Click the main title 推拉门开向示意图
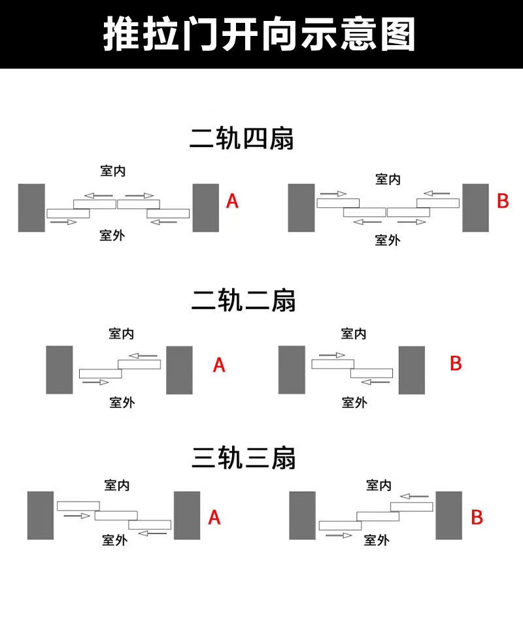pyautogui.click(x=260, y=34)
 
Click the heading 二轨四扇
pyautogui.click(x=242, y=139)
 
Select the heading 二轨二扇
pyautogui.click(x=243, y=301)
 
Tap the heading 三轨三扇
pyautogui.click(x=244, y=458)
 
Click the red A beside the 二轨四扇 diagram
pyautogui.click(x=232, y=201)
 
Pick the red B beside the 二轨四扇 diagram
pyautogui.click(x=503, y=201)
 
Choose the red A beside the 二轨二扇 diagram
pyautogui.click(x=219, y=365)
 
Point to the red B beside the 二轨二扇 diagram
pyautogui.click(x=456, y=364)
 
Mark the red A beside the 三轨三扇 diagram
pyautogui.click(x=214, y=518)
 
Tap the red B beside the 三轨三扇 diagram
pyautogui.click(x=477, y=518)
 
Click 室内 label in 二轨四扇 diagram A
pyautogui.click(x=112, y=171)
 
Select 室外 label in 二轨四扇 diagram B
pyautogui.click(x=387, y=240)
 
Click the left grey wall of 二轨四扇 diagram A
pyautogui.click(x=31, y=207)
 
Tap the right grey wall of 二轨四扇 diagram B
pyautogui.click(x=475, y=207)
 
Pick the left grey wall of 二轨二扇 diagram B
pyautogui.click(x=292, y=369)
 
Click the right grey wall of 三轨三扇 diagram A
pyautogui.click(x=187, y=515)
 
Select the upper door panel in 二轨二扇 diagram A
pyautogui.click(x=139, y=364)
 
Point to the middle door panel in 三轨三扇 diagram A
pyautogui.click(x=116, y=515)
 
